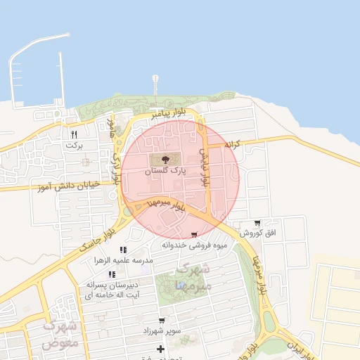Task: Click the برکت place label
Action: [74, 145]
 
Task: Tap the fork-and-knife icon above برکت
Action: [74, 134]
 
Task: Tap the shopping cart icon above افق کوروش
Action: [257, 221]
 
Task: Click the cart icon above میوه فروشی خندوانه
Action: [193, 235]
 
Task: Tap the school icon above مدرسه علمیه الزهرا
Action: [123, 250]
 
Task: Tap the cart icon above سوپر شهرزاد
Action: [162, 321]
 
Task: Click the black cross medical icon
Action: [161, 349]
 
